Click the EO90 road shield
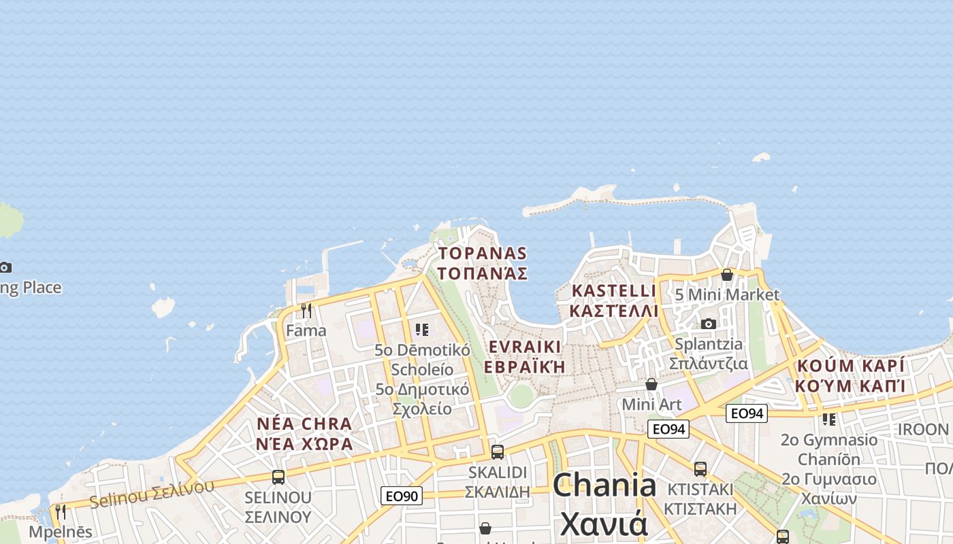(x=402, y=496)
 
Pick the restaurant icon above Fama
(x=306, y=311)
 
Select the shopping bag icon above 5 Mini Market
(x=727, y=275)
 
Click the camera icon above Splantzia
(x=709, y=324)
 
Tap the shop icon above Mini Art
(x=651, y=385)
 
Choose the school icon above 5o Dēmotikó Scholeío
(x=422, y=330)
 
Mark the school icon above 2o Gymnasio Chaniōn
(x=828, y=420)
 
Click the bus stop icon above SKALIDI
(x=498, y=452)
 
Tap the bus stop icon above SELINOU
(x=278, y=477)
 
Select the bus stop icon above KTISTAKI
(x=700, y=469)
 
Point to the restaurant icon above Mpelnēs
(x=61, y=511)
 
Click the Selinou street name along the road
(x=151, y=494)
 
